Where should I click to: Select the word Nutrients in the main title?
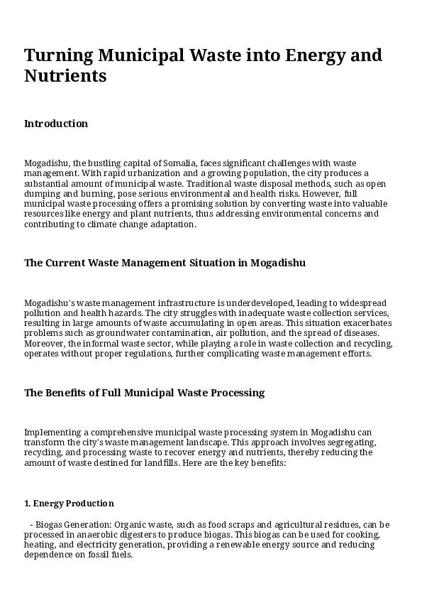(x=65, y=75)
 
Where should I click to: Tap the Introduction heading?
(x=56, y=124)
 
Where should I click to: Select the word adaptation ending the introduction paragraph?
(x=171, y=224)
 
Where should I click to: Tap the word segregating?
(x=350, y=442)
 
